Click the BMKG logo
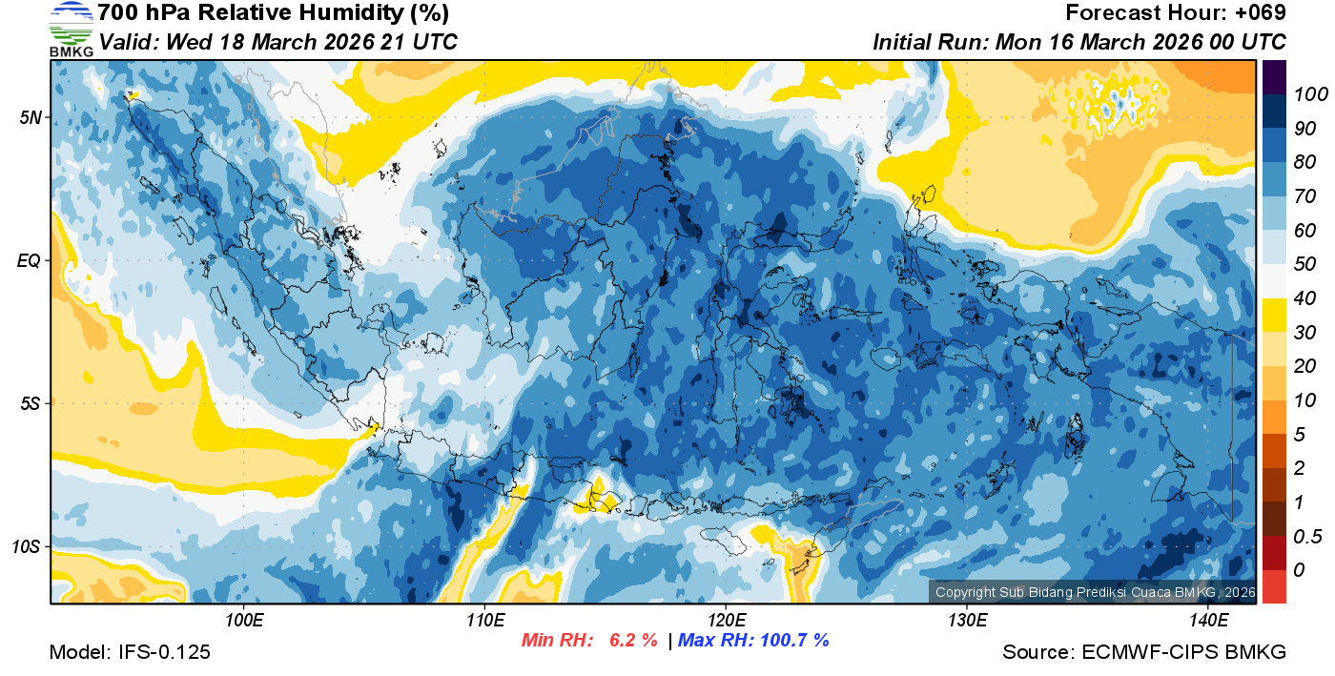point(72,30)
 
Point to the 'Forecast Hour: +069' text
point(1176,13)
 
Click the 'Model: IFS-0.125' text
point(130,653)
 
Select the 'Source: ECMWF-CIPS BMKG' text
point(1144,653)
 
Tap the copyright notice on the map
point(1093,592)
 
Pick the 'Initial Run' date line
point(1079,43)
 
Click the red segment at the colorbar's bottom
point(1274,585)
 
